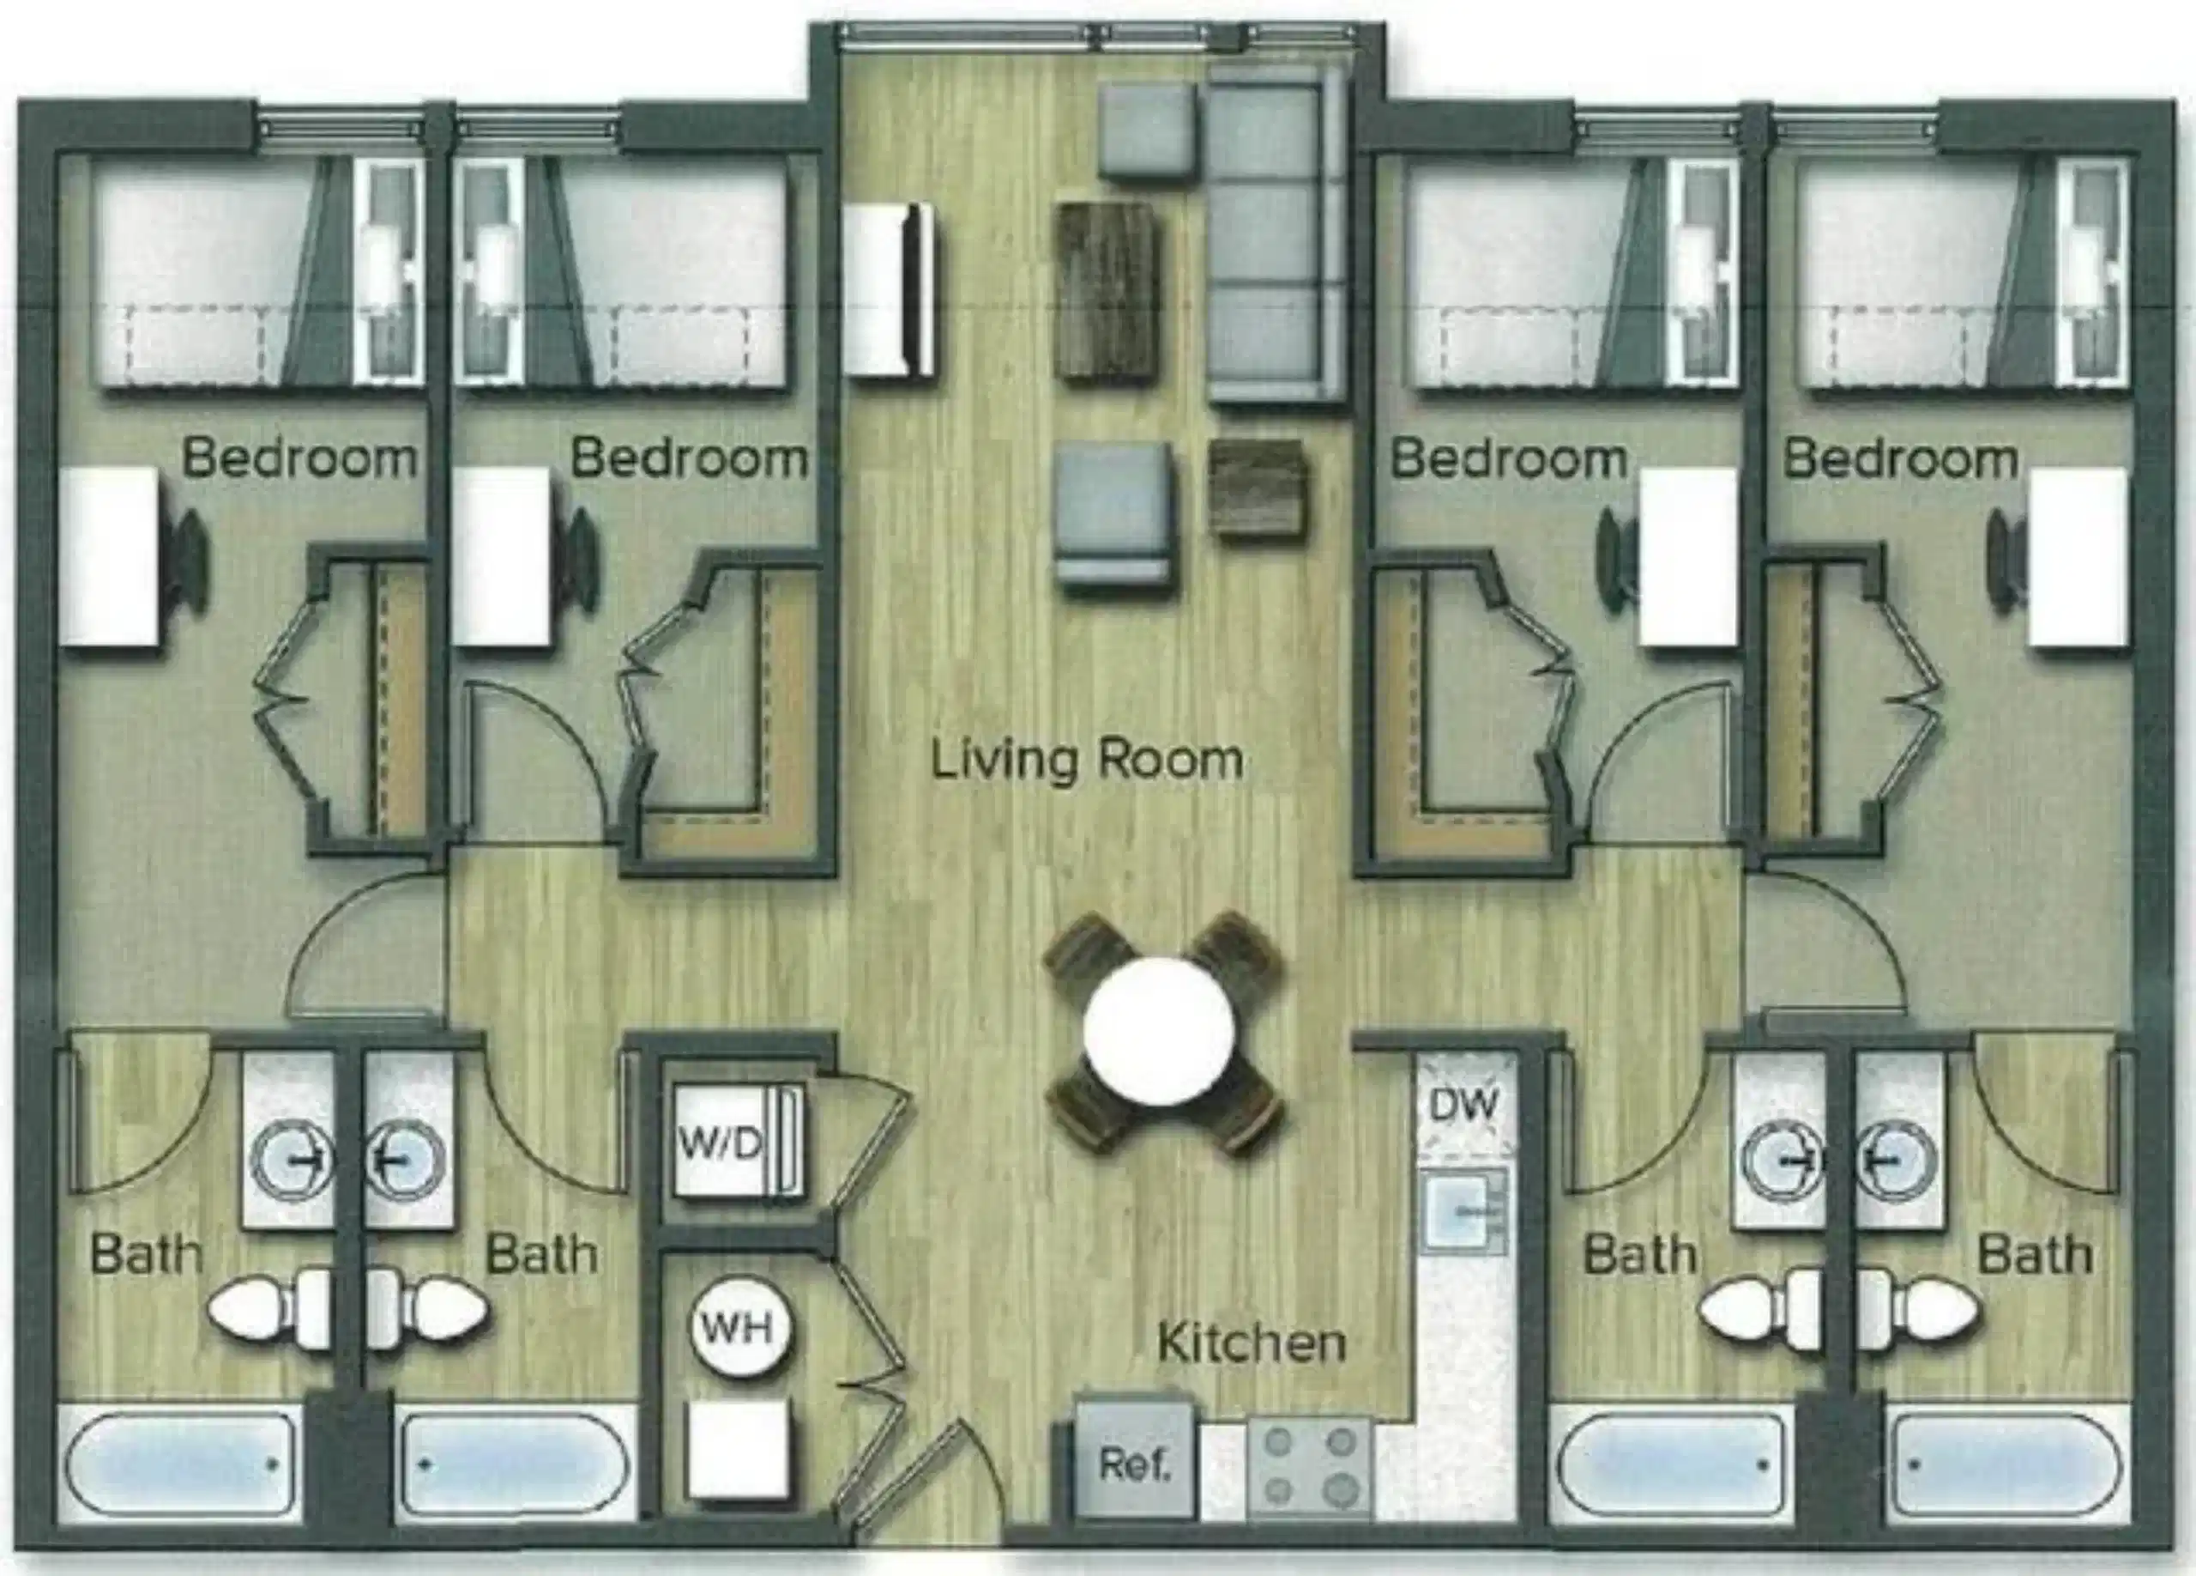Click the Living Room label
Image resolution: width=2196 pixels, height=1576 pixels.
point(1086,761)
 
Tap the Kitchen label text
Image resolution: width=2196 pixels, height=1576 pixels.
point(1251,1343)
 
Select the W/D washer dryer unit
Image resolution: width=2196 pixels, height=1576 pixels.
point(734,1143)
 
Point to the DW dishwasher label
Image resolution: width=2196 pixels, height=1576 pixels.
point(1463,1103)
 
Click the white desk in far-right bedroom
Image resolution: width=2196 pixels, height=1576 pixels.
point(2078,557)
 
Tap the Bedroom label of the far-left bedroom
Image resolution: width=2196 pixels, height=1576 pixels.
point(299,458)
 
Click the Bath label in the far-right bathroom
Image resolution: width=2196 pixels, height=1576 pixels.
point(2034,1257)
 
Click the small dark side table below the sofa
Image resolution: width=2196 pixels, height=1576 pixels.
point(1257,488)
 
